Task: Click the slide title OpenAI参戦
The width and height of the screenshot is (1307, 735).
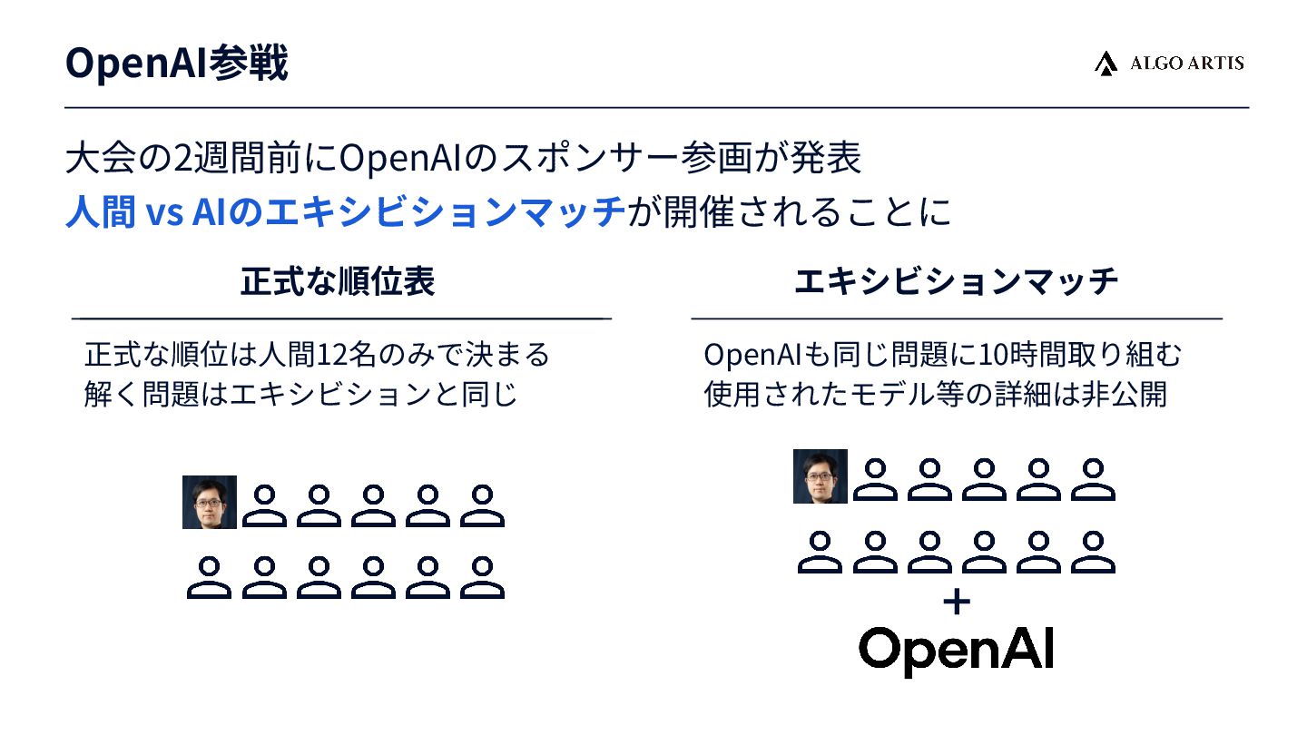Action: [x=177, y=64]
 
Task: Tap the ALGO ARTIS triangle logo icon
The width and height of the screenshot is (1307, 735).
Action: [x=1105, y=64]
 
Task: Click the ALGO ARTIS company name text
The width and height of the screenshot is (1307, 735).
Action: [x=1186, y=64]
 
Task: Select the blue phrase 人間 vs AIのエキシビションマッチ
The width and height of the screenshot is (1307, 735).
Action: [x=345, y=212]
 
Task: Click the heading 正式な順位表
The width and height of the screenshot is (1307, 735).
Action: [x=338, y=281]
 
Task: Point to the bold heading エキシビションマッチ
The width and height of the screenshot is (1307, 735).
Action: [x=956, y=281]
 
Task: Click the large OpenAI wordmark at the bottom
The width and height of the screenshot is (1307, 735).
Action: [x=956, y=649]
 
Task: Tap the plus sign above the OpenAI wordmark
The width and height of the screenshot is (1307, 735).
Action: [x=957, y=603]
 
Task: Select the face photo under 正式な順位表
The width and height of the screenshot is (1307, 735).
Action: [x=210, y=502]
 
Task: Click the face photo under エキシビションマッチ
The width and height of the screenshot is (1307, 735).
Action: [x=821, y=476]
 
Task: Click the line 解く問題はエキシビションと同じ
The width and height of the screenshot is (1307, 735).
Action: [x=300, y=396]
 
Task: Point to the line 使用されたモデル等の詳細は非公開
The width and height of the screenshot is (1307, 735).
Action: [x=935, y=396]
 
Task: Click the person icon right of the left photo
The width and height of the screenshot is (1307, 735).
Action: [x=264, y=505]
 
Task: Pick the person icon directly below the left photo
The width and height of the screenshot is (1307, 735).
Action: [x=210, y=577]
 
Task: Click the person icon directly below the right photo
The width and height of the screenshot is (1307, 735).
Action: [x=821, y=552]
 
